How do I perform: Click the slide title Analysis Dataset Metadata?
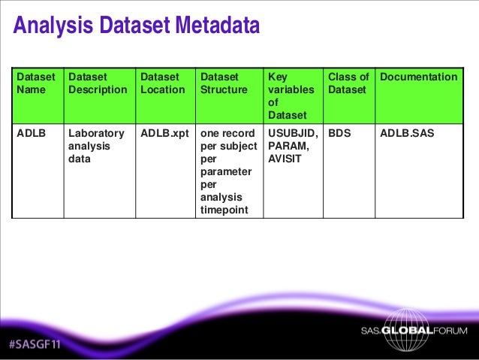click(x=137, y=27)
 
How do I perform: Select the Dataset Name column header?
click(x=36, y=83)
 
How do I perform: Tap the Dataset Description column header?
click(x=98, y=83)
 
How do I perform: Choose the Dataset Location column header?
click(x=162, y=83)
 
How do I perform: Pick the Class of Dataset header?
click(x=348, y=83)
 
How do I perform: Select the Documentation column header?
click(x=419, y=77)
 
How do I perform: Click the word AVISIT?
click(x=285, y=159)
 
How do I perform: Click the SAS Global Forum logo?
click(x=413, y=331)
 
